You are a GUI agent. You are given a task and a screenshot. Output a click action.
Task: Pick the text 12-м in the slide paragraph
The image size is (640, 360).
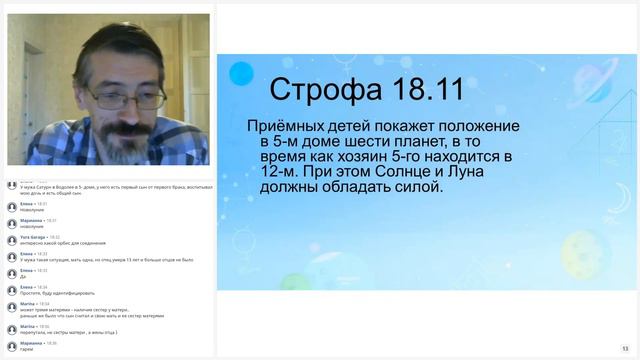pyautogui.click(x=278, y=172)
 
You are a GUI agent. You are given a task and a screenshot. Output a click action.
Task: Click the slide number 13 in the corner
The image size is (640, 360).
pyautogui.click(x=625, y=349)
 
